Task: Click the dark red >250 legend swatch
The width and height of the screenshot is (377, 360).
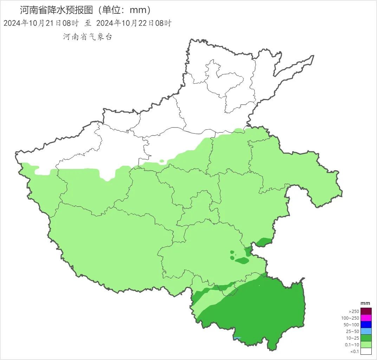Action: [366, 311]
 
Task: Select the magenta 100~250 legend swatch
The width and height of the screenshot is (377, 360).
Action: [366, 318]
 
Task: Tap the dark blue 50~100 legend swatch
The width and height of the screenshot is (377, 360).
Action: [366, 325]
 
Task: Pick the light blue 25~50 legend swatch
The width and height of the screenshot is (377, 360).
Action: [366, 331]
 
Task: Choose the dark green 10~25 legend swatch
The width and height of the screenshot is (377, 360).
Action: [366, 338]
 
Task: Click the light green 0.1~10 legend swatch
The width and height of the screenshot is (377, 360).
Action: [366, 345]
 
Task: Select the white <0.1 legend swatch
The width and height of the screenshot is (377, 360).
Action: [366, 351]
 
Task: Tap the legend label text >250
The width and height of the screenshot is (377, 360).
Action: [354, 312]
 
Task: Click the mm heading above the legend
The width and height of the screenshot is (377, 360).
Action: [365, 303]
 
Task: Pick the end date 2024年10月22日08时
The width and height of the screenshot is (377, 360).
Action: [134, 23]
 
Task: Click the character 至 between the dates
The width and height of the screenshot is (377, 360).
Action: [87, 23]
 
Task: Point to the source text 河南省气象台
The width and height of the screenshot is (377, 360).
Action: [87, 37]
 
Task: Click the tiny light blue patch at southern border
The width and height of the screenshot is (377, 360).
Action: [238, 338]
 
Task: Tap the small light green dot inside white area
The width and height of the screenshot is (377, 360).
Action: [162, 161]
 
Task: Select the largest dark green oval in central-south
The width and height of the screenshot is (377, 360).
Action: [242, 261]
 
